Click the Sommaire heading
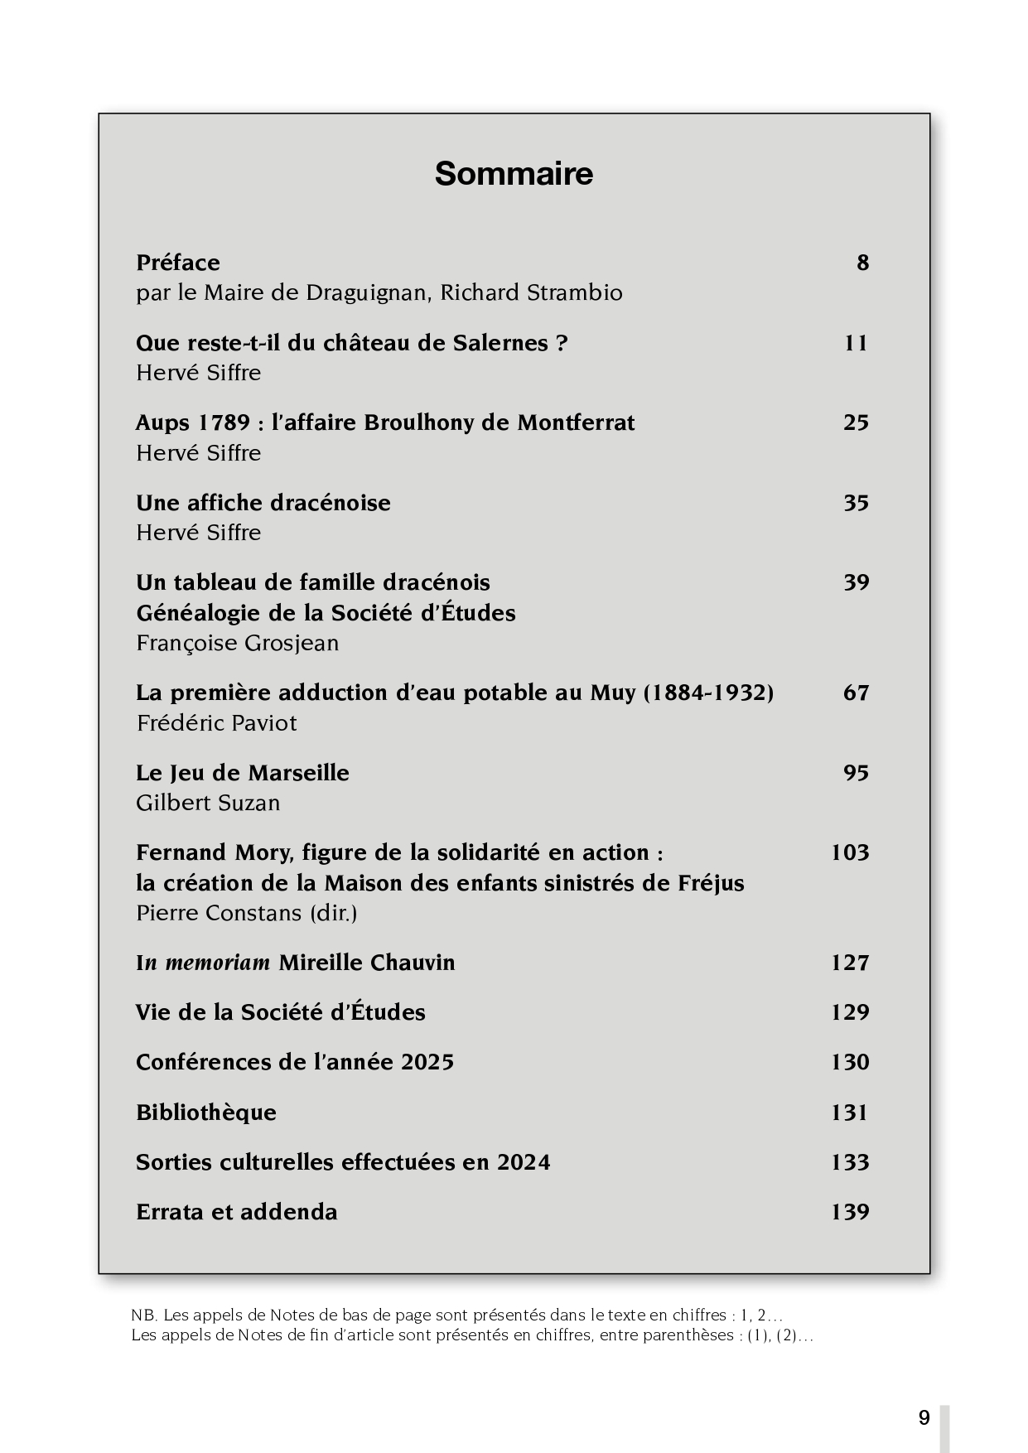point(514,174)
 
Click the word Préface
point(178,263)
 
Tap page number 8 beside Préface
point(862,263)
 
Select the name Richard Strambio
point(531,293)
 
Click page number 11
point(856,343)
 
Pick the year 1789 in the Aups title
point(224,422)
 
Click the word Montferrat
point(576,422)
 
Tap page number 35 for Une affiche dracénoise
point(856,503)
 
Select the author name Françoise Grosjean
point(238,644)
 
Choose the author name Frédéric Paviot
point(216,723)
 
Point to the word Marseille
point(299,773)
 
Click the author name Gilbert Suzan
point(208,804)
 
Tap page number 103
point(850,852)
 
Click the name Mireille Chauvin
point(367,963)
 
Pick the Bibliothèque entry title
point(206,1112)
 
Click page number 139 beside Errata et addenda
point(850,1212)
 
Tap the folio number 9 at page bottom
point(924,1417)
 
